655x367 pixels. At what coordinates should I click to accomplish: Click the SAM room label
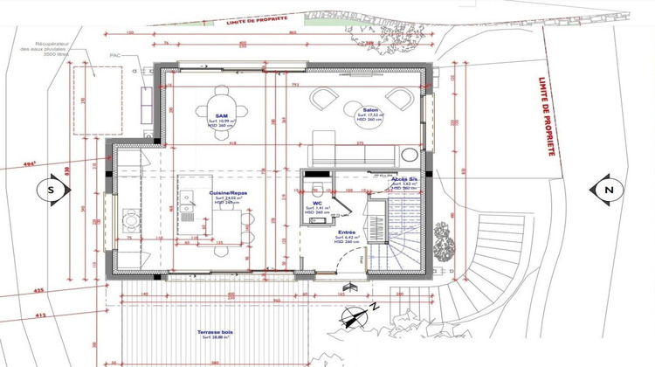point(221,114)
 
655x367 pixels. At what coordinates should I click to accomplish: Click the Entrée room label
point(347,232)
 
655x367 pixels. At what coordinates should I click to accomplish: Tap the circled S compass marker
point(51,189)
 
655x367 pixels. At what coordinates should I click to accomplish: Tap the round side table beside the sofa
point(407,156)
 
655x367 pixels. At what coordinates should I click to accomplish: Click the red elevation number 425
point(38,289)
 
